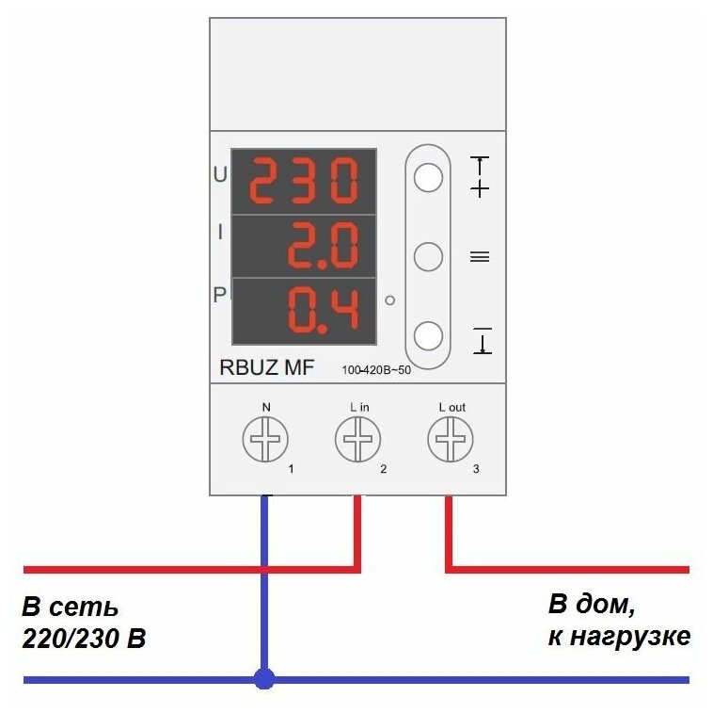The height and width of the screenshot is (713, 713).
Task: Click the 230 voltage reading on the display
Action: [x=305, y=182]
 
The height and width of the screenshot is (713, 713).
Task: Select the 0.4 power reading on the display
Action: [x=323, y=310]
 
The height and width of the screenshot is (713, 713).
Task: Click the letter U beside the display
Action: [x=220, y=175]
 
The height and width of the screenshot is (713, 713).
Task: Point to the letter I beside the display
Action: [x=220, y=232]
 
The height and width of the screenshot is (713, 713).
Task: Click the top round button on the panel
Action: [x=428, y=177]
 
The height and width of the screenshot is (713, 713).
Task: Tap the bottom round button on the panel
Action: [x=428, y=335]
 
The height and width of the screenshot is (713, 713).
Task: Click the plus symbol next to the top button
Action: [x=480, y=189]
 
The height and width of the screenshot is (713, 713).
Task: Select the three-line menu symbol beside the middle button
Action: [x=480, y=256]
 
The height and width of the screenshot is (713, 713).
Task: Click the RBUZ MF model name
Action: [x=267, y=367]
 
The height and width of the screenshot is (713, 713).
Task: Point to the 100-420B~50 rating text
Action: [x=376, y=369]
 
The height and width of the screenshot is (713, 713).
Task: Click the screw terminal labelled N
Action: [x=265, y=439]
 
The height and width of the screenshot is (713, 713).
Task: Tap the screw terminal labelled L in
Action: [x=358, y=439]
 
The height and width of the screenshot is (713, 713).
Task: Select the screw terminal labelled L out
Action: [x=451, y=439]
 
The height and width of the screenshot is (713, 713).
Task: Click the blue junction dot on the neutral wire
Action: [x=265, y=677]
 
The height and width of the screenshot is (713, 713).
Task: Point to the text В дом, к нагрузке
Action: [x=619, y=620]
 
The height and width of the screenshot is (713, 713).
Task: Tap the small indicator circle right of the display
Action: [x=389, y=300]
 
